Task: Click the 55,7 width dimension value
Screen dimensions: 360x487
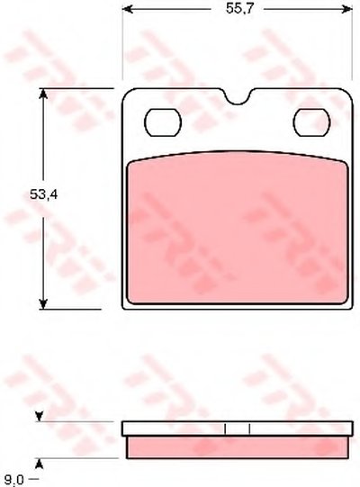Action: (x=236, y=9)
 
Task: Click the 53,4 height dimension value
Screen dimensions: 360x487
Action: (x=44, y=195)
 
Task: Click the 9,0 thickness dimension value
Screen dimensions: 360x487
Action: (x=14, y=480)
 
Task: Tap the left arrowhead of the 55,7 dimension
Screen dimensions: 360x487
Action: (x=128, y=9)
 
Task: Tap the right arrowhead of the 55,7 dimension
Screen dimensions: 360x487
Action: (x=346, y=9)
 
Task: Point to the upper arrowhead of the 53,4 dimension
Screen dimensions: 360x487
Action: (x=43, y=95)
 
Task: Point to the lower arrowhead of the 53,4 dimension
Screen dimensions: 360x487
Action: (x=43, y=303)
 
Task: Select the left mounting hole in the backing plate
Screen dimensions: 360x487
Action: (x=163, y=122)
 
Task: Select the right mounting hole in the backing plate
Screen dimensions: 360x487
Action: (x=311, y=122)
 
